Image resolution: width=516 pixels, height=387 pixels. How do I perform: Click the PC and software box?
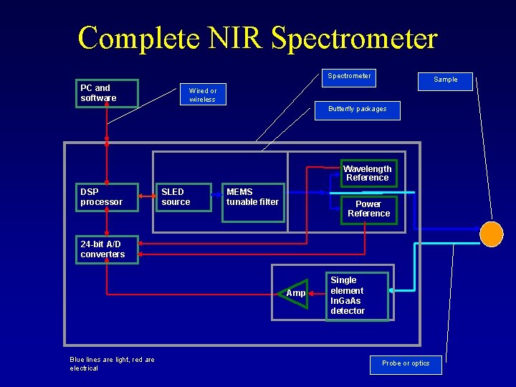click(107, 93)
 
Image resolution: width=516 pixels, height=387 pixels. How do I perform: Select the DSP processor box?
click(107, 197)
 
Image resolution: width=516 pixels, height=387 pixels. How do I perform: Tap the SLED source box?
click(184, 197)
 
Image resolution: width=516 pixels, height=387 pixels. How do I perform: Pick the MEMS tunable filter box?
click(252, 202)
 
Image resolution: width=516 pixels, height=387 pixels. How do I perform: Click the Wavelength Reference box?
click(367, 173)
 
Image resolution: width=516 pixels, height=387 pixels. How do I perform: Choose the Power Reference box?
click(368, 209)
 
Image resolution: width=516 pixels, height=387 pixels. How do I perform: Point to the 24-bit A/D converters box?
click(107, 249)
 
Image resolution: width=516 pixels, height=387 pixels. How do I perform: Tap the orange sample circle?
click(492, 234)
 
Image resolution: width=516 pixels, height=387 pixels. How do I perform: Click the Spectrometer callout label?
click(349, 76)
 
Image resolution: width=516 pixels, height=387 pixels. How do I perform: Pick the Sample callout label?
click(445, 80)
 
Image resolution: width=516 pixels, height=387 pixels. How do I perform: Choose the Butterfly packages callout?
click(357, 110)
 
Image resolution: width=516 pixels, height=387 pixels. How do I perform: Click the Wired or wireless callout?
click(202, 95)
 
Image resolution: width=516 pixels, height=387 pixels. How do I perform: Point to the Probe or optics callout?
click(406, 364)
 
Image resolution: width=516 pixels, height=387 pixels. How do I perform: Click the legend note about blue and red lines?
click(112, 363)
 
